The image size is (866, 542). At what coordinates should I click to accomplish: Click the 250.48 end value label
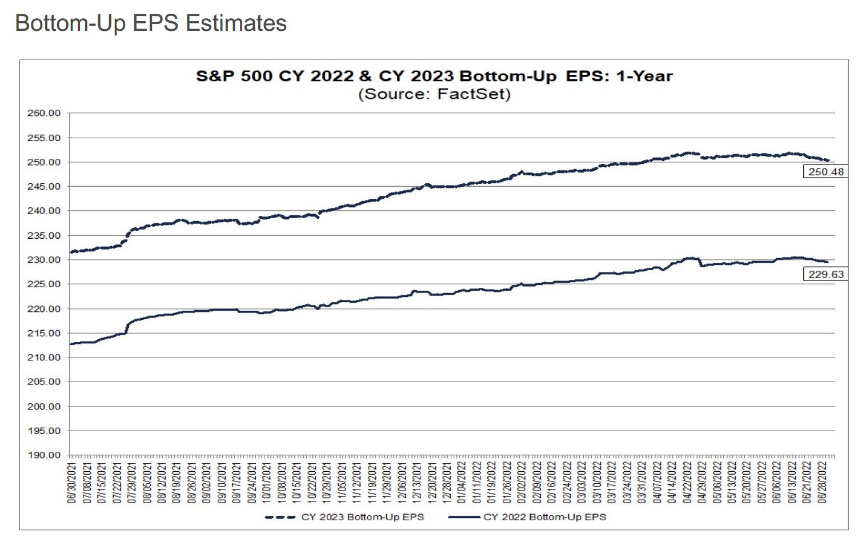[825, 171]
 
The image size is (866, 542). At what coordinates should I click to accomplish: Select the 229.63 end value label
[825, 274]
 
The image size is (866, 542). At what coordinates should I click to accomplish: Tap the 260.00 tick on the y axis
[44, 113]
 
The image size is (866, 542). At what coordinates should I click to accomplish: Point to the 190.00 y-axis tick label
[44, 455]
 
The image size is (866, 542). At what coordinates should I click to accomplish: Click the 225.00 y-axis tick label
[44, 284]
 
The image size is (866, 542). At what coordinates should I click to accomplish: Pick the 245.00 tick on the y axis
[44, 187]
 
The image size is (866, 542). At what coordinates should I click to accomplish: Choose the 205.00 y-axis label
[44, 382]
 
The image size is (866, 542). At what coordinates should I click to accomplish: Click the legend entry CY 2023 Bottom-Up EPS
[363, 517]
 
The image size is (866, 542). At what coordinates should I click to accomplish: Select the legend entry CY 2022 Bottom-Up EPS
[544, 517]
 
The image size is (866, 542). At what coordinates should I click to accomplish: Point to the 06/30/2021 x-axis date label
[72, 482]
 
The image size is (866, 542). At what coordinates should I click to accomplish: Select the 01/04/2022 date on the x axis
[462, 482]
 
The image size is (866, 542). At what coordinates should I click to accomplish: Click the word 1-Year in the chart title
[644, 76]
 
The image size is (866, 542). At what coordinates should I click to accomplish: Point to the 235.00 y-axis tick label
[44, 235]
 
